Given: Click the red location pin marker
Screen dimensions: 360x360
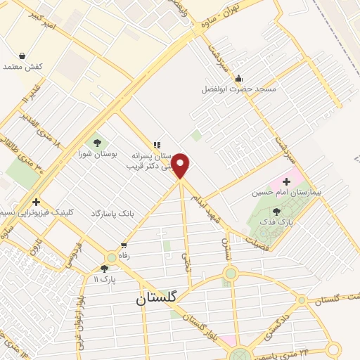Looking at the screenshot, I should [181, 165].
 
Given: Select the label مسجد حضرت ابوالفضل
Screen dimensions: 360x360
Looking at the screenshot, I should [239, 89].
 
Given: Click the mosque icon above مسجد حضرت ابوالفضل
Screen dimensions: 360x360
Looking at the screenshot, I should [239, 78].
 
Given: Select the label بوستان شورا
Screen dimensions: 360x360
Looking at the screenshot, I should [96, 153].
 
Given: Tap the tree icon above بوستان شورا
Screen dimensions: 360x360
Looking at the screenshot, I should [96, 142].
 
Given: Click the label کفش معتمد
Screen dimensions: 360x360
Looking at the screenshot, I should [23, 66].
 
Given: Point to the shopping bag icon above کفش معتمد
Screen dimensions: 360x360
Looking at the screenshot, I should [22, 56].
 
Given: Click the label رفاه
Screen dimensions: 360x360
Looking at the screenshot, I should [124, 256].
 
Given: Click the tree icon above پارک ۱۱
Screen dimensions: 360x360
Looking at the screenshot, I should [104, 268].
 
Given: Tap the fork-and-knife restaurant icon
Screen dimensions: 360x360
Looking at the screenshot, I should [157, 145].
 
